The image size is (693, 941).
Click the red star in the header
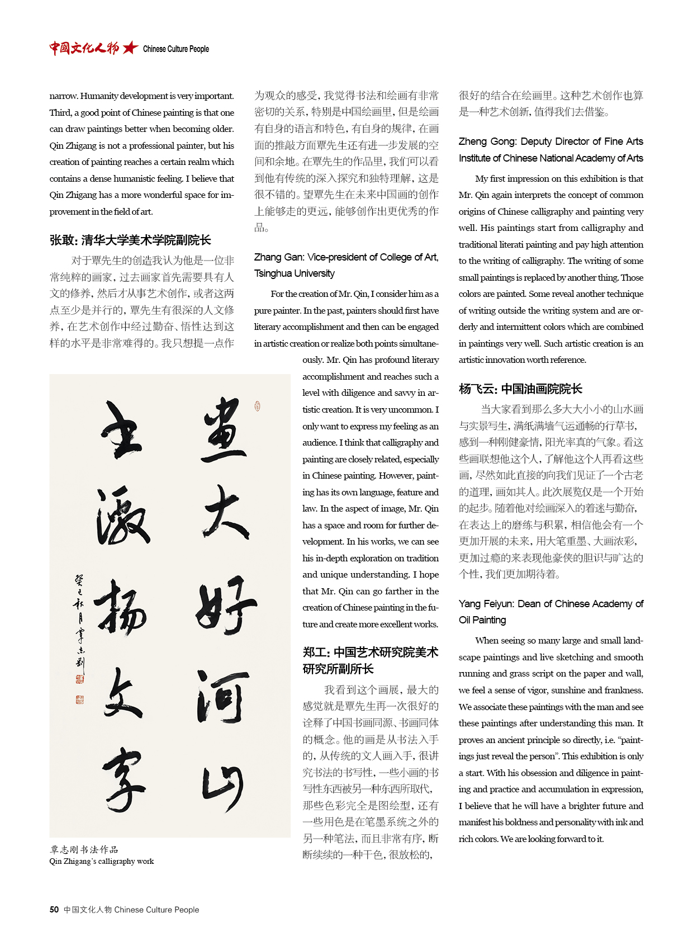click(x=130, y=48)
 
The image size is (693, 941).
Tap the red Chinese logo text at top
click(x=84, y=48)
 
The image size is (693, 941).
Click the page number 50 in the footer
click(x=54, y=910)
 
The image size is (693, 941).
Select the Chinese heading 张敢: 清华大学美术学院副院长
click(x=130, y=240)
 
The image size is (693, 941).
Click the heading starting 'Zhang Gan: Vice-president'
click(x=346, y=265)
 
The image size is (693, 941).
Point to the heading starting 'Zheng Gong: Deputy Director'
click(x=550, y=150)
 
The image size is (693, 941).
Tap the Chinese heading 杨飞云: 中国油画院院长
click(x=520, y=389)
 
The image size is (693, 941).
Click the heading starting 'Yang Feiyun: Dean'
click(x=550, y=612)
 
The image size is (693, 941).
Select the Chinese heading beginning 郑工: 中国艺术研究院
click(x=370, y=660)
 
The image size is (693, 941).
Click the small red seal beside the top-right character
click(x=257, y=406)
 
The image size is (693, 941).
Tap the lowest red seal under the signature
click(x=79, y=699)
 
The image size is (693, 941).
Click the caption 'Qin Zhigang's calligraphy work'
click(x=101, y=861)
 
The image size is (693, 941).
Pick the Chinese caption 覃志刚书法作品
click(x=84, y=849)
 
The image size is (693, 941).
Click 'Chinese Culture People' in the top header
click(x=175, y=49)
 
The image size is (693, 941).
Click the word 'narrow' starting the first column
click(x=63, y=96)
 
